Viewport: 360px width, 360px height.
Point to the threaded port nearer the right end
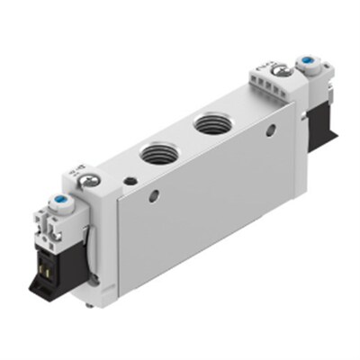point(214,122)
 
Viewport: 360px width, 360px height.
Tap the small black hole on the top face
point(133,180)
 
